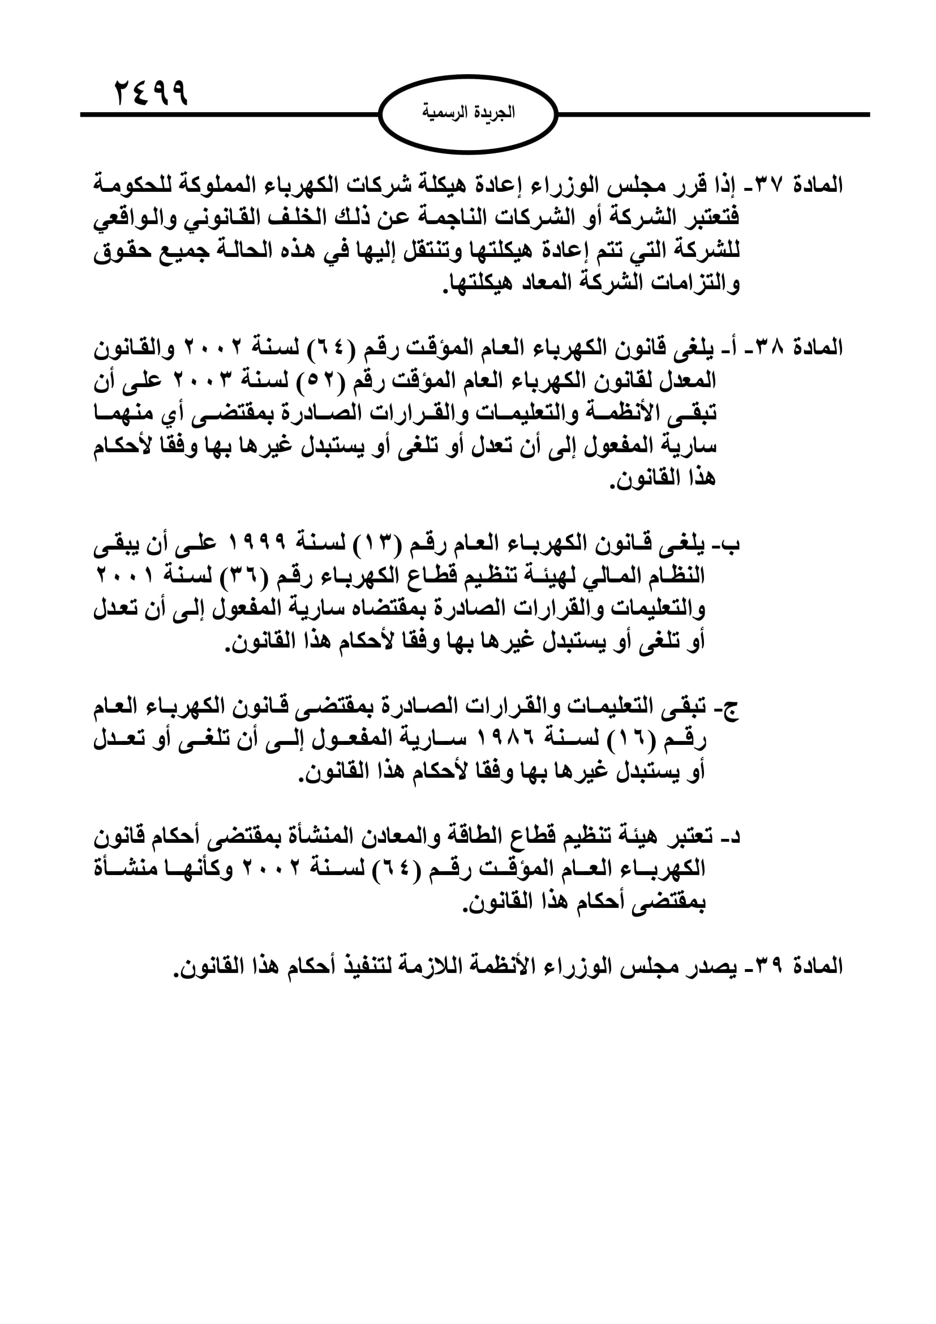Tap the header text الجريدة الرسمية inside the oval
tap(468, 113)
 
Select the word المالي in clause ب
tap(599, 576)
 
